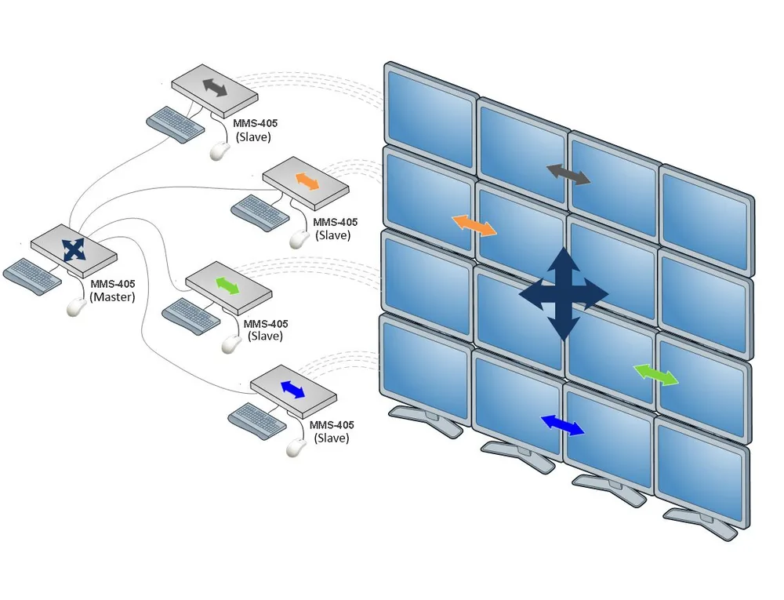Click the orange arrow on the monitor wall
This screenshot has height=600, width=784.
point(474,226)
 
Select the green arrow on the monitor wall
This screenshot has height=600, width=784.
point(655,375)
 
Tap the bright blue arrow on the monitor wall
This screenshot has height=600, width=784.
point(562,425)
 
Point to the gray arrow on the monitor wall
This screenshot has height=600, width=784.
point(568,174)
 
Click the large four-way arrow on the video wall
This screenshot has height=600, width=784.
point(564,294)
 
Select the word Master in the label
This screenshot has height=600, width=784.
point(112,297)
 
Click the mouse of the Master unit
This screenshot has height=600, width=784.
point(76,307)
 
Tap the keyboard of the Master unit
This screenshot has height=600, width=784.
point(32,276)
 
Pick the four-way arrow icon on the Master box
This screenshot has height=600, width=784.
point(74,249)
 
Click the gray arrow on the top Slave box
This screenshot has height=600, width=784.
point(215,88)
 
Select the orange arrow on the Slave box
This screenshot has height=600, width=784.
point(307,181)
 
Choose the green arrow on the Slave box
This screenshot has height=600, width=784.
point(227,285)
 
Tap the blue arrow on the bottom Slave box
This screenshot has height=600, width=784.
point(293,390)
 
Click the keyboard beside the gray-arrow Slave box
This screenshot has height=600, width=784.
point(176,123)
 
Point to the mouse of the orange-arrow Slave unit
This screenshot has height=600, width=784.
point(299,239)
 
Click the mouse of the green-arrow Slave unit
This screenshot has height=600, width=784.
point(231,344)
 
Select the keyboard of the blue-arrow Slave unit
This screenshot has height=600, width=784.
point(257,420)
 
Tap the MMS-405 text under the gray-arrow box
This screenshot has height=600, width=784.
point(255,123)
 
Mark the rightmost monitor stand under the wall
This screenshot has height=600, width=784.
point(701,523)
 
